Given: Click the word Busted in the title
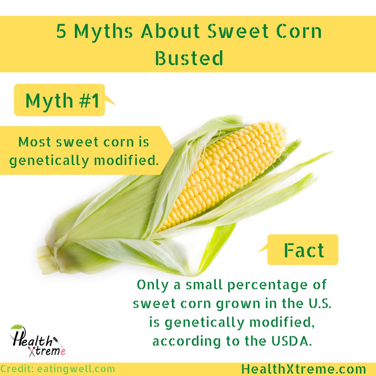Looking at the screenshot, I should click(x=189, y=58).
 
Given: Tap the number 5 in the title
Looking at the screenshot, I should click(x=61, y=32).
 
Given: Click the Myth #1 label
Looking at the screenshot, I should click(x=62, y=101).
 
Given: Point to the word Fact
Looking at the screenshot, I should click(x=304, y=250).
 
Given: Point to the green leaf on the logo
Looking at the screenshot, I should click(x=17, y=327).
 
